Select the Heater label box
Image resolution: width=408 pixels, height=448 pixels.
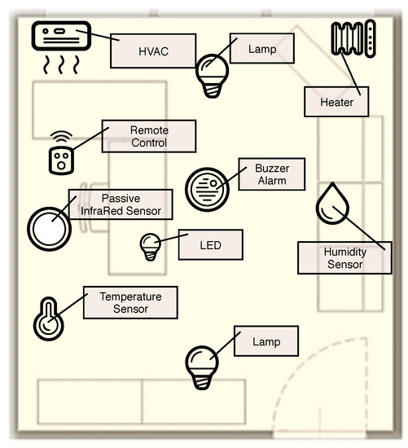tap(336, 102)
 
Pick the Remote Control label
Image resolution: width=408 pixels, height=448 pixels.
tap(148, 137)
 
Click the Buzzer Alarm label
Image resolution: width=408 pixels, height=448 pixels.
tap(271, 174)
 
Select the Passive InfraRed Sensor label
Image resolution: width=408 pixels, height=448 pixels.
tap(121, 205)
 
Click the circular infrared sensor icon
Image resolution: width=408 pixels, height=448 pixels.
tap(50, 226)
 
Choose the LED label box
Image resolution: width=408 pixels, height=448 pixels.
tap(210, 244)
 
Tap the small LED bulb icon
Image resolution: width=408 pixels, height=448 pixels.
tap(151, 246)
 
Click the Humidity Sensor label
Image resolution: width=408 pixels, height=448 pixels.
tap(344, 258)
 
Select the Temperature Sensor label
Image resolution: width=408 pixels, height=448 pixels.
tap(130, 302)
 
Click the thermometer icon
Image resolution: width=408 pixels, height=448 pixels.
tap(48, 320)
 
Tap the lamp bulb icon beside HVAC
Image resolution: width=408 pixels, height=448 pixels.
tap(213, 73)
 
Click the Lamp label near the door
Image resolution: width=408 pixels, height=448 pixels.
tap(265, 341)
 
